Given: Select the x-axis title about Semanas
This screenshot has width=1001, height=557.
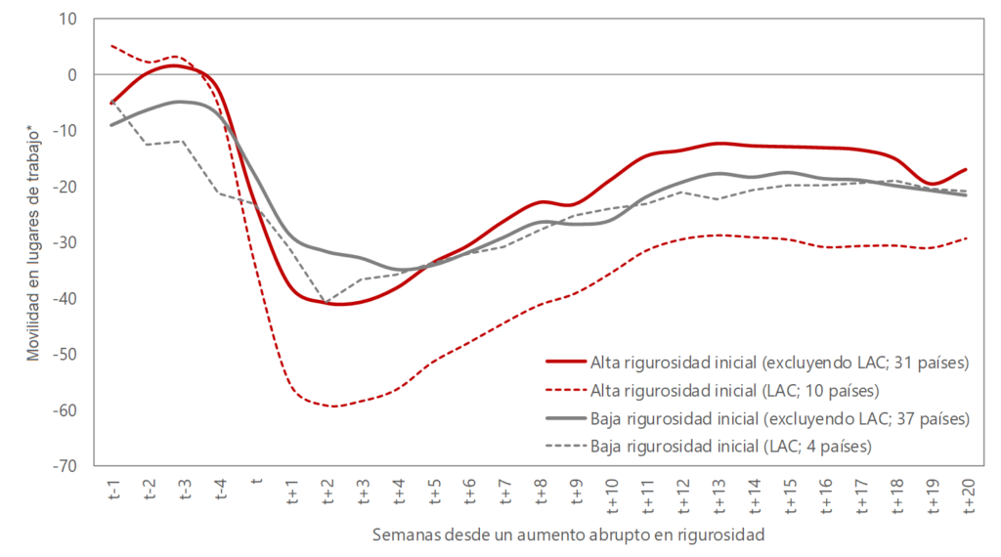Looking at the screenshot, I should pos(568,536).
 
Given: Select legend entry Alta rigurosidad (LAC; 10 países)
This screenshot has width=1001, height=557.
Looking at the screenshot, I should pos(734,391).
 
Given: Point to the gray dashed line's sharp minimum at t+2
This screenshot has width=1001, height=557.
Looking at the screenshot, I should pos(326,301).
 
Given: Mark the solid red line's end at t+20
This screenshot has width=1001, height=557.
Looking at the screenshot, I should pos(968,169).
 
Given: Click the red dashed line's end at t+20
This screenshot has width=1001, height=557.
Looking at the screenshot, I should pos(968,237).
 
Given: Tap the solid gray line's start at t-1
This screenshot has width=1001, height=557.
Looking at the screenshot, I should pos(112,124).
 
